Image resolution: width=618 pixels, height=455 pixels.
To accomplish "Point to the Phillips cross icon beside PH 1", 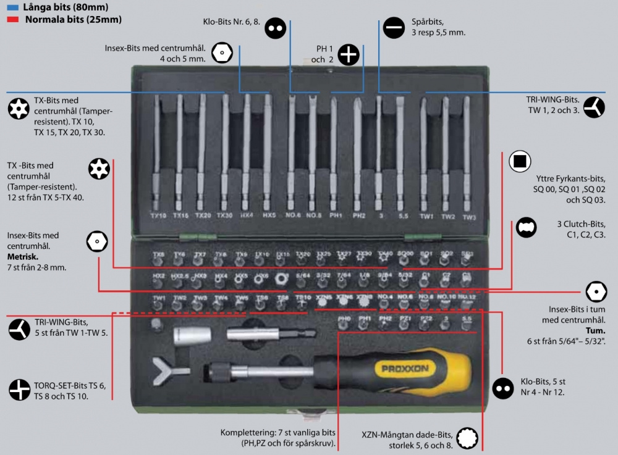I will (349, 54).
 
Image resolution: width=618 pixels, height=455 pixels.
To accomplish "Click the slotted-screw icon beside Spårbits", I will (394, 27).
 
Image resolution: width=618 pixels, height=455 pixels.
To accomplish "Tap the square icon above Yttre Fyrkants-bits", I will (520, 162).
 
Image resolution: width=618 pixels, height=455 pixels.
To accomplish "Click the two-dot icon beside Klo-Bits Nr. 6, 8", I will (276, 27).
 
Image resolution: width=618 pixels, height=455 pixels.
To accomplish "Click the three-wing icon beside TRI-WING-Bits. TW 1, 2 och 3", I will (595, 106).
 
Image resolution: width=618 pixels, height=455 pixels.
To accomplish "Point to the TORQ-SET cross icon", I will (20, 390).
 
